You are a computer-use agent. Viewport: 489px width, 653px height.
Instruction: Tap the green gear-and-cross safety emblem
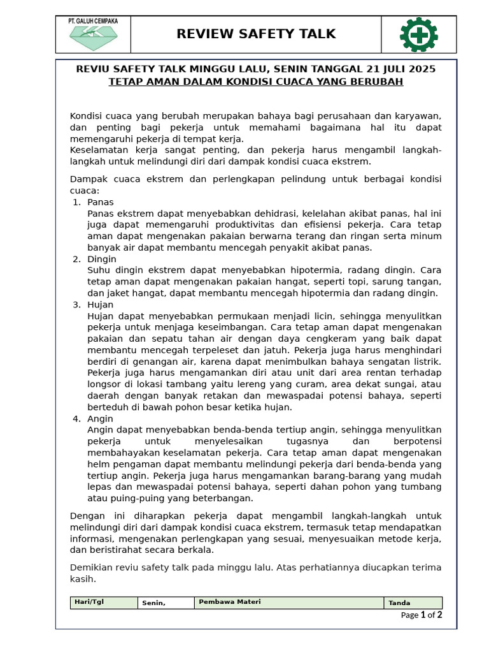click(418, 34)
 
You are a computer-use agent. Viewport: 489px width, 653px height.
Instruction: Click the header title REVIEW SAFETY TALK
click(256, 34)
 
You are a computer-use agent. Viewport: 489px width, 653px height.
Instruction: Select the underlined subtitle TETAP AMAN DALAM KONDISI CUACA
click(256, 82)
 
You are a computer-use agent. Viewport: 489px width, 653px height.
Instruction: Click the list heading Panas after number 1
click(101, 202)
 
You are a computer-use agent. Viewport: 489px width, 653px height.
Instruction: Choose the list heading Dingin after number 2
click(102, 259)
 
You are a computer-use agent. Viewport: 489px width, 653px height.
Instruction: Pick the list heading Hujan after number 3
click(101, 305)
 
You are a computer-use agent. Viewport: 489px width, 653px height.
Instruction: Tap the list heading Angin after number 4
click(101, 418)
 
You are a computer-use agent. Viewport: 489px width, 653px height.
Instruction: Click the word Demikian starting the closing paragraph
click(92, 568)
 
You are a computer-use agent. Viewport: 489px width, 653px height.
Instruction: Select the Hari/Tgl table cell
click(104, 603)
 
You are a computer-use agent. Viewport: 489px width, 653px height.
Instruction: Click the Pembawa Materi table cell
click(288, 603)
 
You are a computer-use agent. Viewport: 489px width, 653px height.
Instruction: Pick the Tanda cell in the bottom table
click(413, 603)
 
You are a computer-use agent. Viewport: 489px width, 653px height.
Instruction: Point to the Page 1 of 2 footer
click(421, 615)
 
